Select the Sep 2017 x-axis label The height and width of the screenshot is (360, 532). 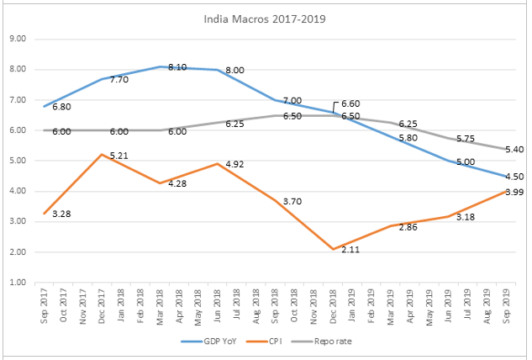[45, 307]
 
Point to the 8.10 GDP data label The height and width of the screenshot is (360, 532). [177, 66]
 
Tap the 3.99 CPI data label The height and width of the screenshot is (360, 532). [512, 193]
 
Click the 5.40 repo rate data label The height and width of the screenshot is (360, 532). [512, 149]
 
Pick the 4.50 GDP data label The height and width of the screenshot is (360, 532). [512, 177]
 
